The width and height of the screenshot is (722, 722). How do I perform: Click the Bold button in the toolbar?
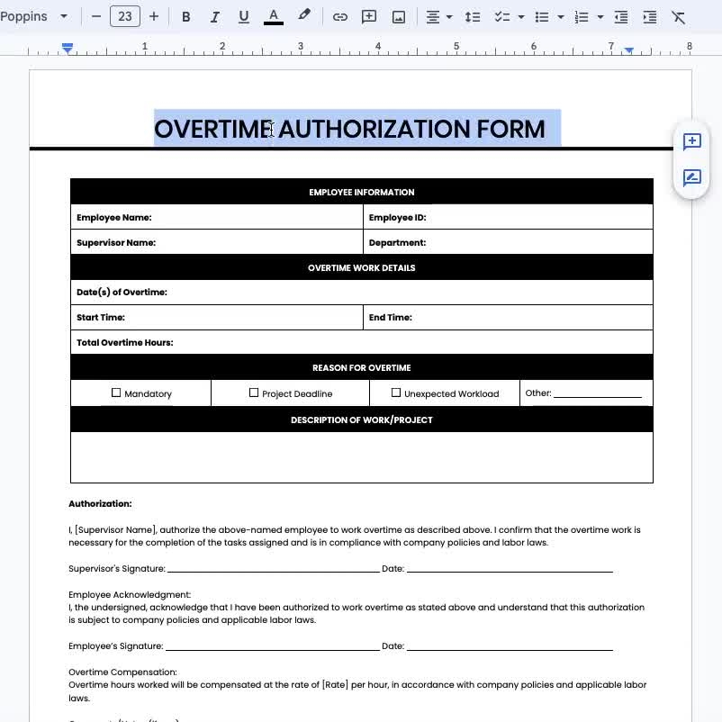click(186, 16)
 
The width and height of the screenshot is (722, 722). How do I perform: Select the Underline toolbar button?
click(243, 16)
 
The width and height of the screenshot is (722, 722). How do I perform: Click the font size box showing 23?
click(125, 16)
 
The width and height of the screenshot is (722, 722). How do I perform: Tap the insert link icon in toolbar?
click(339, 16)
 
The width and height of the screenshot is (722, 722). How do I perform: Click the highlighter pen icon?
click(304, 15)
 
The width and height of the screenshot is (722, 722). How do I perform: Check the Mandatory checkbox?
click(116, 393)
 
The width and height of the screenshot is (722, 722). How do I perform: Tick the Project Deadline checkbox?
click(254, 393)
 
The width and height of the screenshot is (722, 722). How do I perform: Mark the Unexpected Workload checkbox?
click(396, 393)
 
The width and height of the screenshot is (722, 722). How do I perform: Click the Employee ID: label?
click(397, 217)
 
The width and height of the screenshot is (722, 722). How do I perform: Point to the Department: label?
click(397, 242)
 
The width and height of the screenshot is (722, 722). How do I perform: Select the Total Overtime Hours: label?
click(124, 342)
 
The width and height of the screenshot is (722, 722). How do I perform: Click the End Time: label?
click(390, 317)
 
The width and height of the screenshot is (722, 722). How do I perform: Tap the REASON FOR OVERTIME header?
click(361, 367)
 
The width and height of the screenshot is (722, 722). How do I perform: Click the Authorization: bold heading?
click(100, 503)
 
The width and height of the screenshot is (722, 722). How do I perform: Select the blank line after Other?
click(597, 393)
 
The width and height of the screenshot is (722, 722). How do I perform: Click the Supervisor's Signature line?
click(273, 569)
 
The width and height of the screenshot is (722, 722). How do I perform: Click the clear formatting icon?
click(679, 16)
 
